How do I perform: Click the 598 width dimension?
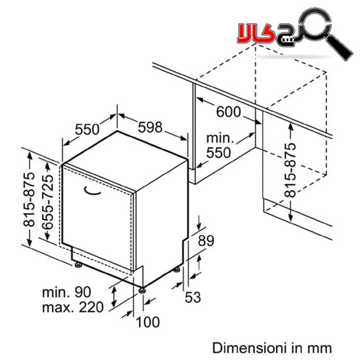coord(150,127)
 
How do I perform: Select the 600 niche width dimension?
coord(229,112)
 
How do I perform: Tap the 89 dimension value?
coord(206,241)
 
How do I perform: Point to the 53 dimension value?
coord(193,297)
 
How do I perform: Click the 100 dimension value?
coord(148,322)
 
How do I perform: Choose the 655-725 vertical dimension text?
coord(47,202)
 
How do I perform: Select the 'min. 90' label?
coord(66,292)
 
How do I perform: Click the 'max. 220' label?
coord(73,307)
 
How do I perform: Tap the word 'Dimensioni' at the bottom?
coord(250,348)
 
